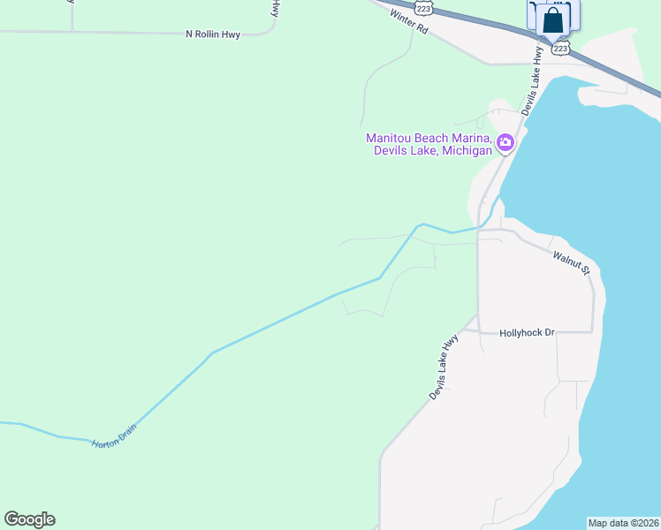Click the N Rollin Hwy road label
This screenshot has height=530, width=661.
pyautogui.click(x=213, y=34)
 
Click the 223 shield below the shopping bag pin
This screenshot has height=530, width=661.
pyautogui.click(x=560, y=48)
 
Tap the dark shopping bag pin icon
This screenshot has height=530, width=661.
pyautogui.click(x=553, y=18)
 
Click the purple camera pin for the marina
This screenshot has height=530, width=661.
pyautogui.click(x=505, y=142)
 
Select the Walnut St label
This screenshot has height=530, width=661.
pyautogui.click(x=571, y=263)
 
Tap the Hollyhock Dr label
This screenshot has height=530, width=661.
pyautogui.click(x=526, y=333)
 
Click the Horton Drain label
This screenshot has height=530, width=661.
pyautogui.click(x=113, y=436)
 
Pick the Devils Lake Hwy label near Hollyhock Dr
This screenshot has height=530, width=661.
pyautogui.click(x=444, y=367)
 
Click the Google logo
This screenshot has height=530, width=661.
pyautogui.click(x=29, y=519)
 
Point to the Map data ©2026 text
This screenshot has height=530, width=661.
pyautogui.click(x=623, y=523)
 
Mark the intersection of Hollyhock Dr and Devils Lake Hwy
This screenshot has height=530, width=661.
pyautogui.click(x=478, y=332)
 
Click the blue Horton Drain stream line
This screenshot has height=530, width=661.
pyautogui.click(x=265, y=328)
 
